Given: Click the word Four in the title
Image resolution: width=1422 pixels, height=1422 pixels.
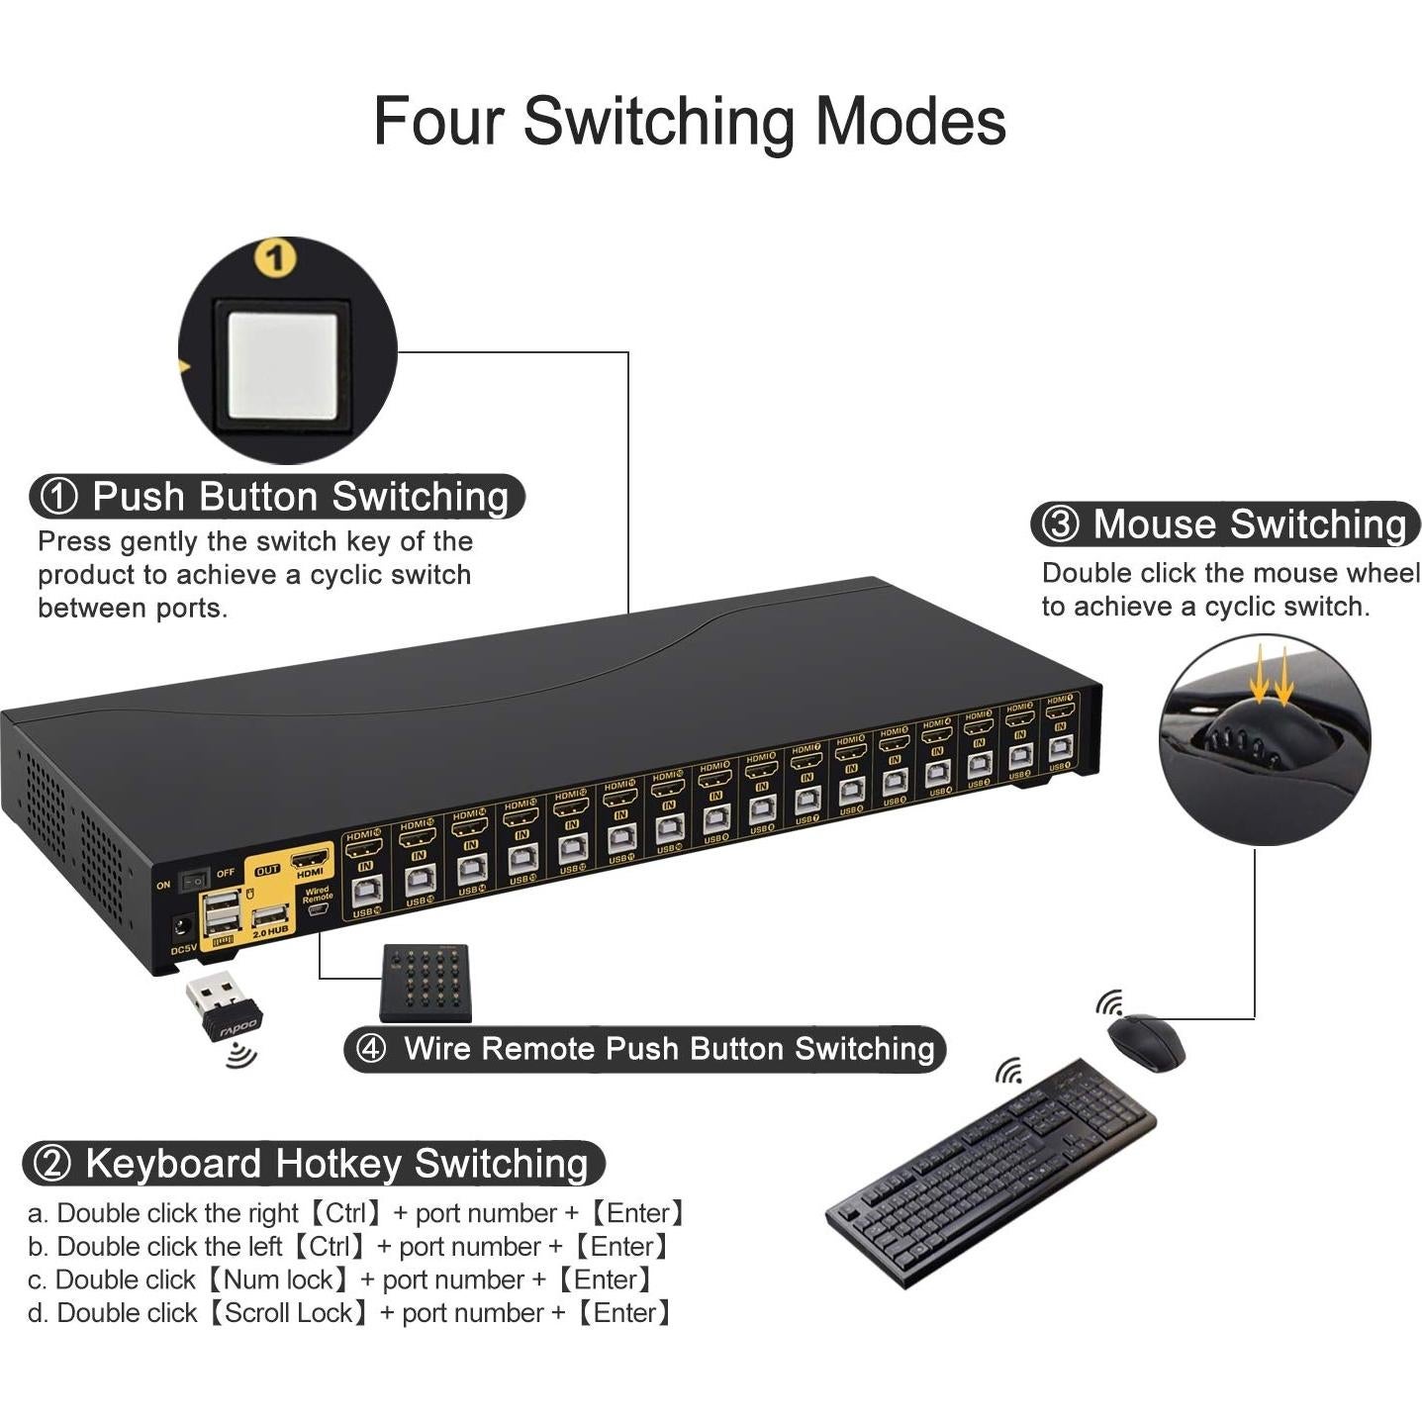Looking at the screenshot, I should click(x=437, y=121).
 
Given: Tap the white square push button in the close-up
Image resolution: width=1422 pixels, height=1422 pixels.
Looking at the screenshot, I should click(x=282, y=367).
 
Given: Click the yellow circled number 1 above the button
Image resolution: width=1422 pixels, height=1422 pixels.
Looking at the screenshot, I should click(x=275, y=258).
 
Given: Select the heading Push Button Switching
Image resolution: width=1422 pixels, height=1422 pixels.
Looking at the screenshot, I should click(x=300, y=497).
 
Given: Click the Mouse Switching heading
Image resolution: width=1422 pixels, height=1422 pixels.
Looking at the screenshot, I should click(x=1249, y=524).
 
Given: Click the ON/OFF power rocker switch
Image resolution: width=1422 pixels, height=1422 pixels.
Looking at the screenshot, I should click(x=194, y=878).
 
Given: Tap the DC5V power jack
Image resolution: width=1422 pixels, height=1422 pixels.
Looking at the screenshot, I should click(x=183, y=928).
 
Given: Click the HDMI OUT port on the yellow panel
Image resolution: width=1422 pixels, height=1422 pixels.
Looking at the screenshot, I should click(x=310, y=857).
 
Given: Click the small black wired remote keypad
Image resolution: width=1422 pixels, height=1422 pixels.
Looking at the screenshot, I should click(x=426, y=982).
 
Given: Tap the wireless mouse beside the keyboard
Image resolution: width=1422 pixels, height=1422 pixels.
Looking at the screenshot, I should click(x=1146, y=1042).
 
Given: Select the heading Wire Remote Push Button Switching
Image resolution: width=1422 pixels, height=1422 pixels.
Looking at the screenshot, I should click(x=668, y=1049).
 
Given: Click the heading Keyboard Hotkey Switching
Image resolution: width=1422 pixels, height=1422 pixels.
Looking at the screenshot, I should click(x=336, y=1164).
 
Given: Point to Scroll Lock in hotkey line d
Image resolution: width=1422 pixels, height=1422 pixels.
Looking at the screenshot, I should click(x=288, y=1313).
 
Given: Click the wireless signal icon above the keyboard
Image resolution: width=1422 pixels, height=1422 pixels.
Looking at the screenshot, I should click(x=1008, y=1071).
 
